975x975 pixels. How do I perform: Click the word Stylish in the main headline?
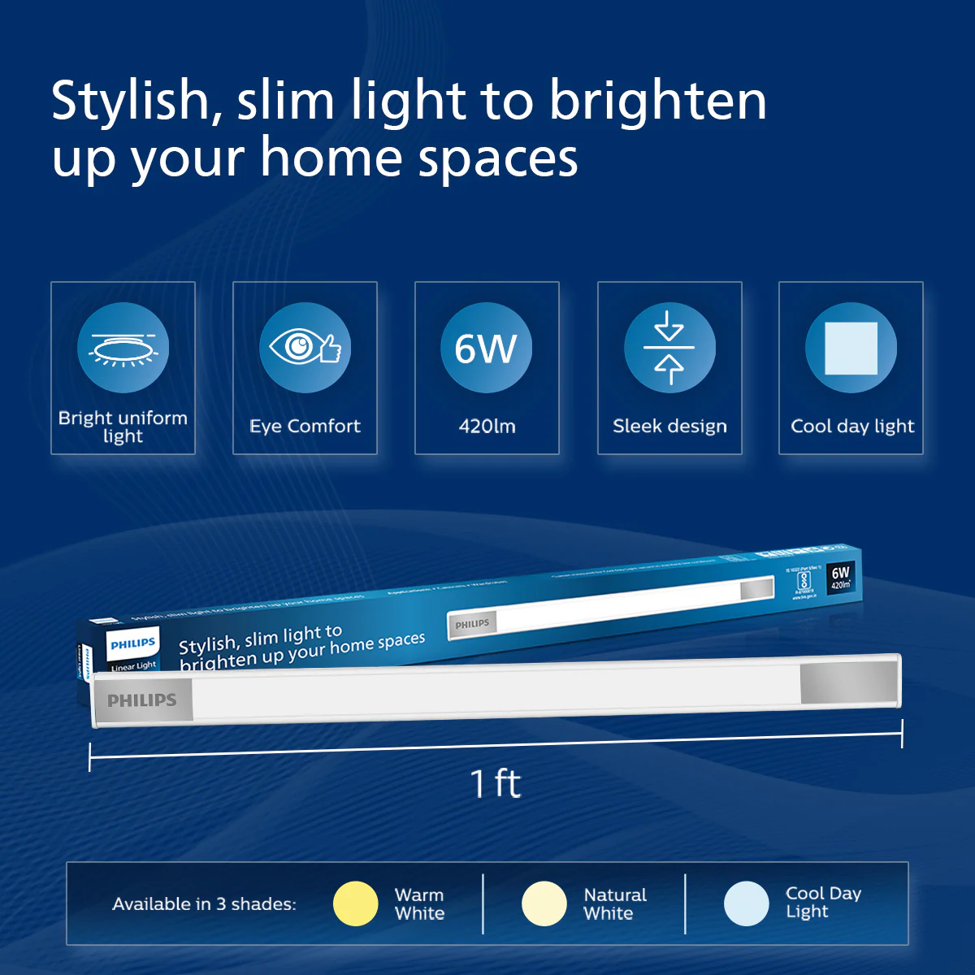[x=131, y=102]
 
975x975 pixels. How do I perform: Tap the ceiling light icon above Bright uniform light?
[x=123, y=348]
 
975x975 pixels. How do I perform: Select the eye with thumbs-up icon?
[x=305, y=348]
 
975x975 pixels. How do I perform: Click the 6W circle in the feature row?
[x=486, y=348]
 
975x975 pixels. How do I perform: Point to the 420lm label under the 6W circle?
[x=487, y=426]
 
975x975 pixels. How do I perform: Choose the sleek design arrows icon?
[x=669, y=348]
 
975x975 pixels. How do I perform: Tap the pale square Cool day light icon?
[x=851, y=348]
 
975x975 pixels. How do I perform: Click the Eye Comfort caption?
[x=305, y=426]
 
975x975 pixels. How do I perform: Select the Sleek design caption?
[x=669, y=426]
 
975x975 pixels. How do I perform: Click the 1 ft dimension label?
[x=495, y=783]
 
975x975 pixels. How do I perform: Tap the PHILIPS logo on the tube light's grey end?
[x=142, y=700]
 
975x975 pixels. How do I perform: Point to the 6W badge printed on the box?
[x=840, y=578]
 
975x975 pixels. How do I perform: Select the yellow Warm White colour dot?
[x=356, y=903]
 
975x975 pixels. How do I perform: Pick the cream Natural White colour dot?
[x=544, y=903]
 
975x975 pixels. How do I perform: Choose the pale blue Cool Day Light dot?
[x=746, y=903]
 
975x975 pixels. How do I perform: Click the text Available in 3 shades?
[x=204, y=903]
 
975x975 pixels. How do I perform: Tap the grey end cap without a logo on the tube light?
[x=849, y=683]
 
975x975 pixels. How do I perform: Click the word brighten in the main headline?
[x=657, y=102]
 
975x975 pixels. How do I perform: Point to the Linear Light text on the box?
[x=134, y=666]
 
